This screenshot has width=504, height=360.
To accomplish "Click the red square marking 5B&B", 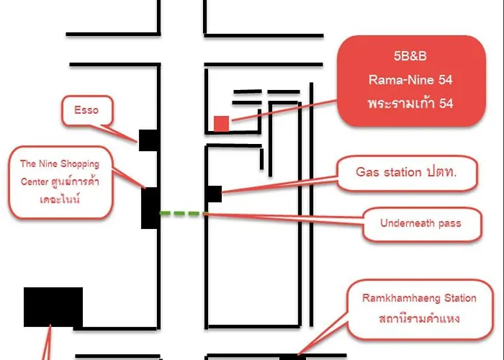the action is click(222, 124).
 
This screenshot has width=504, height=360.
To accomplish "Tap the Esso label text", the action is click(86, 110).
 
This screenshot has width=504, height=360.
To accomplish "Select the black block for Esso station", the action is click(148, 140).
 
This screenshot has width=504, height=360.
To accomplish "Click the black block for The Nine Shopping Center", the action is click(150, 208).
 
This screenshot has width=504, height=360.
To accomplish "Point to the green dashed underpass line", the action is click(182, 213).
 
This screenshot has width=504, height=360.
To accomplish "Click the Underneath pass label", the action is click(420, 223).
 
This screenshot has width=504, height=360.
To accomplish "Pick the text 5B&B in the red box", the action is click(410, 56).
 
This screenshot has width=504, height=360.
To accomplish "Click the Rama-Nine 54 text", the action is click(410, 80).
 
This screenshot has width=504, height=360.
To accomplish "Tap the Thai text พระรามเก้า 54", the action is click(410, 103).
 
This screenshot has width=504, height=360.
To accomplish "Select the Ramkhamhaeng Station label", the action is click(419, 298).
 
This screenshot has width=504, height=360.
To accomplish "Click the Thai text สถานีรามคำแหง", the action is click(419, 318).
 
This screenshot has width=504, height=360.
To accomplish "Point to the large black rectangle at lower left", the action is click(53, 307).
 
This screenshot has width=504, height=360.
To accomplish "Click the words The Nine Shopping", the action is click(60, 163).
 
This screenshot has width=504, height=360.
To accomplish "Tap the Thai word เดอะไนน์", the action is click(60, 199).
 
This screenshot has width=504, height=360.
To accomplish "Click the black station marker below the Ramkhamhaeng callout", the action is click(292, 357).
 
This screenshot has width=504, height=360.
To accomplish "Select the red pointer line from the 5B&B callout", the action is click(284, 111).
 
